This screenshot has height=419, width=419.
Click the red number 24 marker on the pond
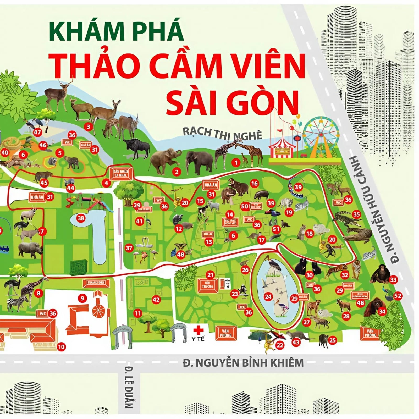coord(268,297)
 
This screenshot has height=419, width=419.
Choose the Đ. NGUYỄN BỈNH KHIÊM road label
coord(243,363)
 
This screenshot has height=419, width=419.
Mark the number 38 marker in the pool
coord(81,218)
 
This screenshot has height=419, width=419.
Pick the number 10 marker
coord(61,347)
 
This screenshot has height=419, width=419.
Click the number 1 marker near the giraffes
coord(236,163)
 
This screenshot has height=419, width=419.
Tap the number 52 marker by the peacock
coord(398,296)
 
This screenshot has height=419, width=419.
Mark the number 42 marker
coord(156,300)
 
